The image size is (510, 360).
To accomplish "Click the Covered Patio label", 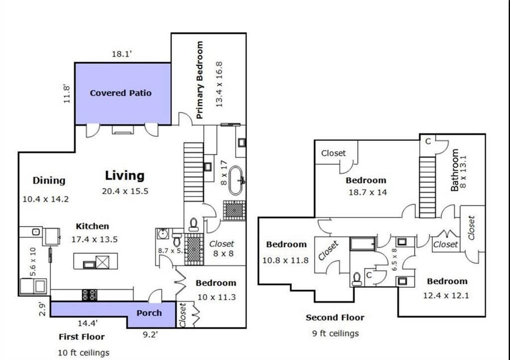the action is tap(121, 93).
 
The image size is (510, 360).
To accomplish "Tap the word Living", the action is tap(125, 176).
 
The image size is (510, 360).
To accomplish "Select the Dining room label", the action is tap(49, 181).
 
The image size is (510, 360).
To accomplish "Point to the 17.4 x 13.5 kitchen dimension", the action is tap(95, 240).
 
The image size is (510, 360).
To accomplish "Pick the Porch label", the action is tap(149, 313).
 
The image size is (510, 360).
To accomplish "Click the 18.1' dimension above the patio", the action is tap(122, 54).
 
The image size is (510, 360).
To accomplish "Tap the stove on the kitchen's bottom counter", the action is tap(90, 295).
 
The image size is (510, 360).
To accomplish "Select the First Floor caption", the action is tap(82, 337).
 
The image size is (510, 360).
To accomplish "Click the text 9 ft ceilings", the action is tap(336, 334).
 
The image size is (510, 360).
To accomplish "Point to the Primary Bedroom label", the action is tap(199, 80).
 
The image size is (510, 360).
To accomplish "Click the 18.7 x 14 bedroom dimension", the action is tap(368, 193).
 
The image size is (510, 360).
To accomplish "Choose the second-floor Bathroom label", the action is tap(455, 170).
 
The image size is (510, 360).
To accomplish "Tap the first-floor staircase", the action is tap(194, 172).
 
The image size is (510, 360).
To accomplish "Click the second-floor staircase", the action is tap(427, 187).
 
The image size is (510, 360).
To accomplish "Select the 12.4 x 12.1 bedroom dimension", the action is tap(446, 296).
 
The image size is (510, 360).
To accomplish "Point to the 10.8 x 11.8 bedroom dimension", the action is tap(285, 260).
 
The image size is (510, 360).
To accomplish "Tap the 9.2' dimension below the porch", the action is tap(150, 335).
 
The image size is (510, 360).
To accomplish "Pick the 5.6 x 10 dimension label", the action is tap(33, 262).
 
